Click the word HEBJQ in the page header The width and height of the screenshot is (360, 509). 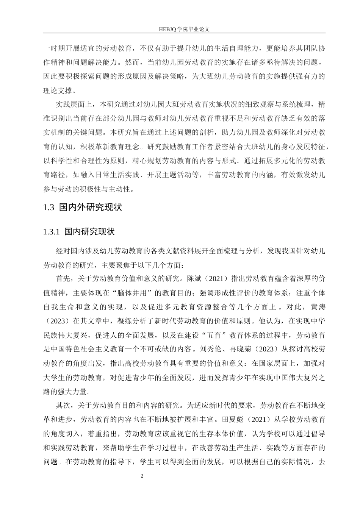tap(168, 28)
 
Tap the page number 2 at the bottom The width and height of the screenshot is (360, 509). tap(142, 476)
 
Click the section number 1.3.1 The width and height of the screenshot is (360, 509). tap(52, 231)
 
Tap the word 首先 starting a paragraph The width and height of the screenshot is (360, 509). tap(62, 279)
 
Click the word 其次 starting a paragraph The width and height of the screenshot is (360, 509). tap(62, 405)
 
